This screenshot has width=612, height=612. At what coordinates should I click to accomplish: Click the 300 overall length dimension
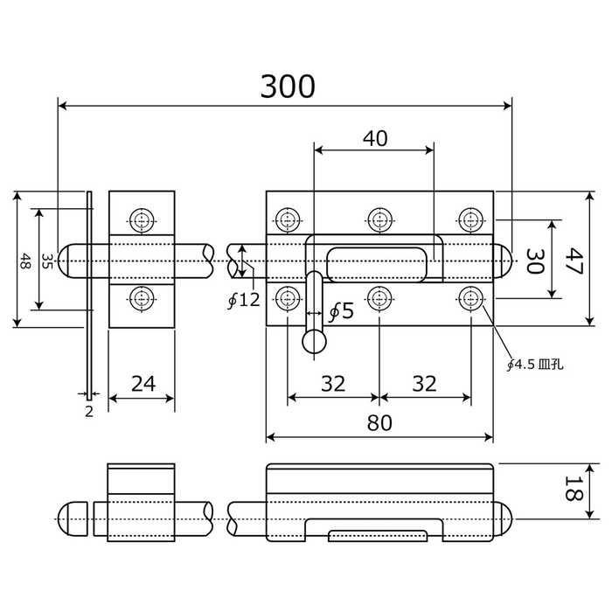[288, 86]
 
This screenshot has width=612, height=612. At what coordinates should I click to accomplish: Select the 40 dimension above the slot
[374, 137]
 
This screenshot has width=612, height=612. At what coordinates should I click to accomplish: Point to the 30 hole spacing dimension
[534, 260]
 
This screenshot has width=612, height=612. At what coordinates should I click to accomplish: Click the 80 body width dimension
[379, 422]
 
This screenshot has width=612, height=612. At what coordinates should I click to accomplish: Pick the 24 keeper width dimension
[143, 383]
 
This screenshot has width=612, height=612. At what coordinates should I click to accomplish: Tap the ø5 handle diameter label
[340, 309]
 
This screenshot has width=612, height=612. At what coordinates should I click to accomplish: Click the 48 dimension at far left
[26, 260]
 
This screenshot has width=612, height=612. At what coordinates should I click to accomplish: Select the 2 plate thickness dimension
[88, 412]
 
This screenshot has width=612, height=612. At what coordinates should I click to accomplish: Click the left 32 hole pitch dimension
[333, 383]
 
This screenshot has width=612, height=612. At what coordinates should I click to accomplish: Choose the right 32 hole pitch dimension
[424, 383]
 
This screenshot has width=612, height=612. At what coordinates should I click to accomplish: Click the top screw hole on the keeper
[142, 219]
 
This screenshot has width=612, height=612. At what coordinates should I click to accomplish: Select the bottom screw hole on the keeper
[142, 299]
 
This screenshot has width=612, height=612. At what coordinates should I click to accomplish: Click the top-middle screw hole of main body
[379, 219]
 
